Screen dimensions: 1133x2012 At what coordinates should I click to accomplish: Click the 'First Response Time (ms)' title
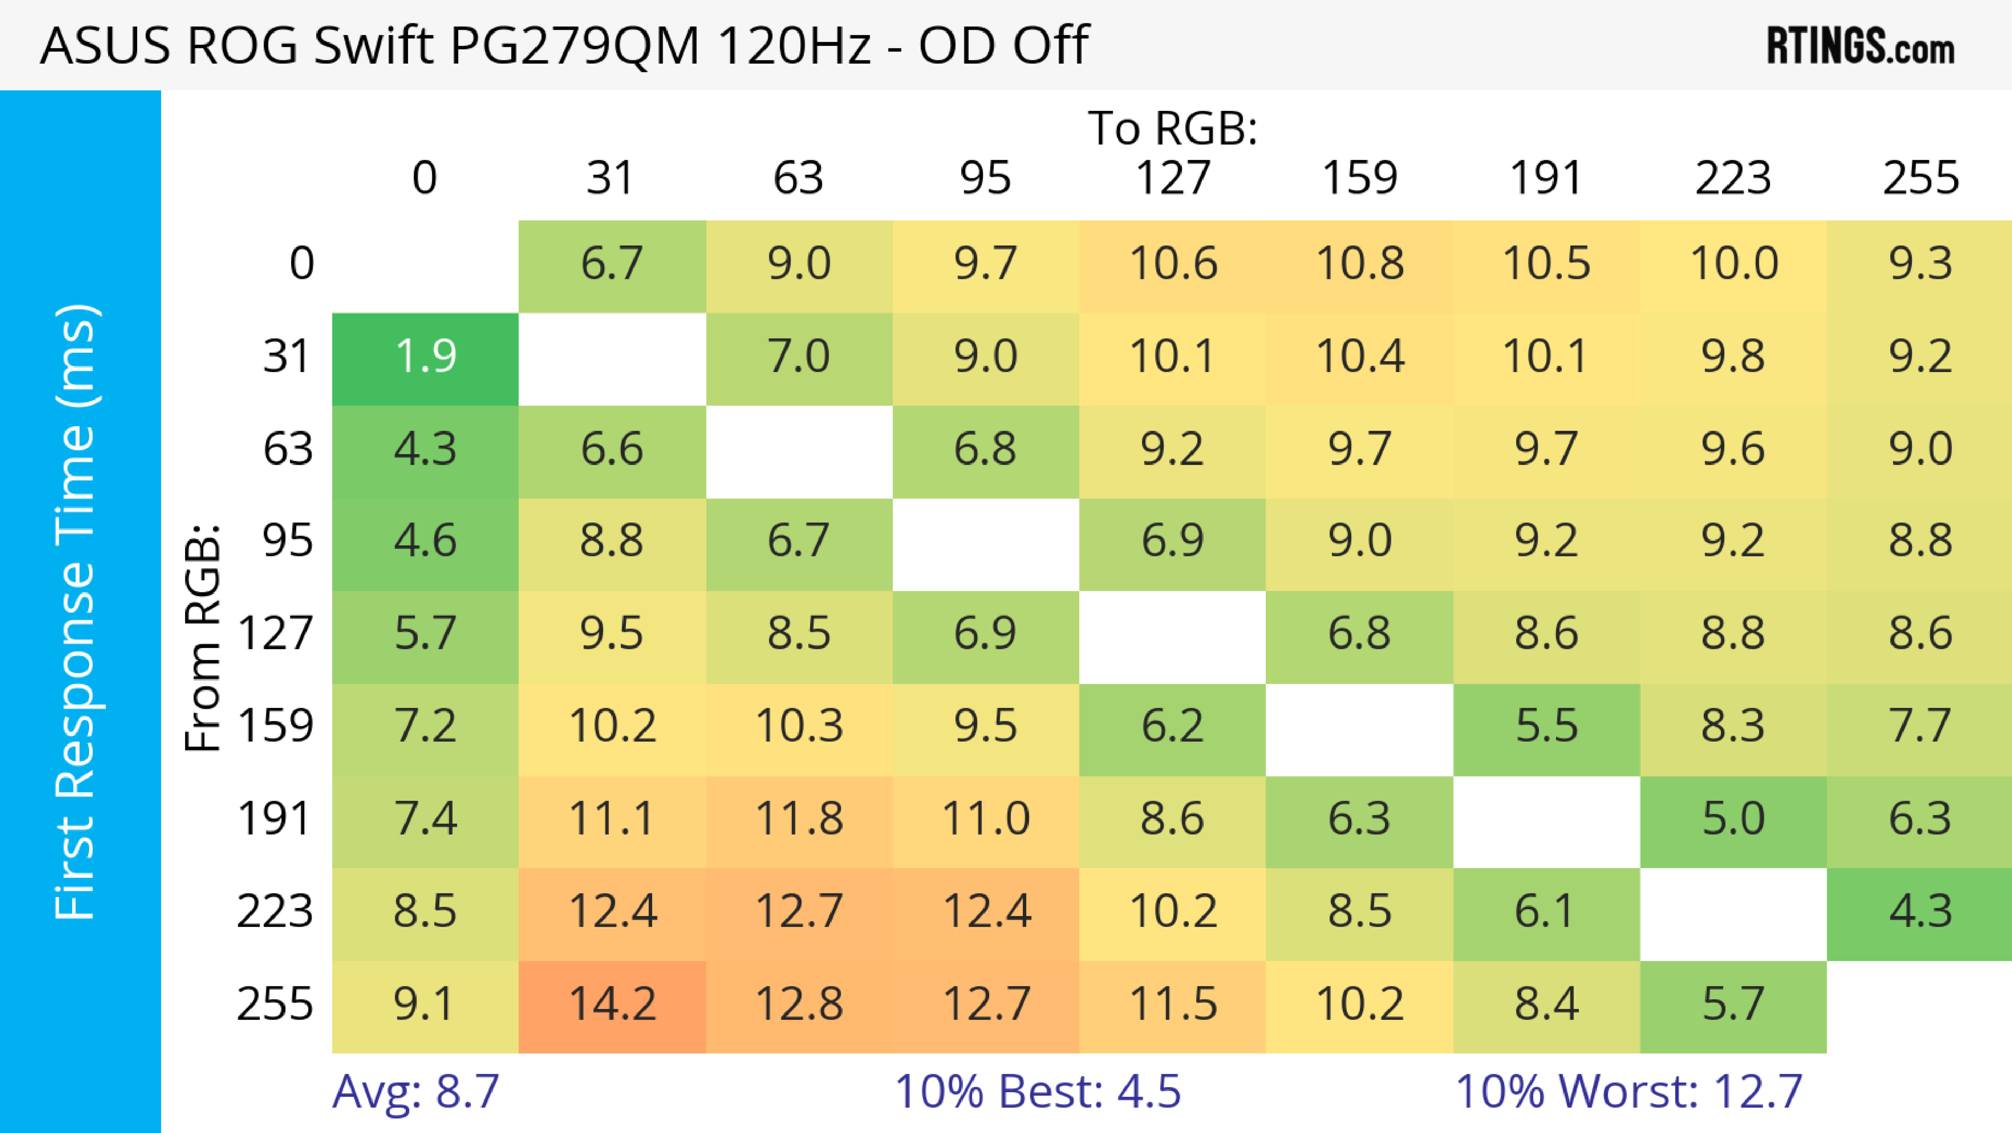[x=76, y=611]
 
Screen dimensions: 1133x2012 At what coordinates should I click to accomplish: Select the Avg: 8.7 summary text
[x=415, y=1092]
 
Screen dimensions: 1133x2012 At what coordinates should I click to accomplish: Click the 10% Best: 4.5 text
[x=1037, y=1092]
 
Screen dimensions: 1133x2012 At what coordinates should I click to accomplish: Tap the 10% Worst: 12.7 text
[x=1628, y=1092]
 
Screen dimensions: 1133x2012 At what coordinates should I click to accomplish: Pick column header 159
[x=1360, y=178]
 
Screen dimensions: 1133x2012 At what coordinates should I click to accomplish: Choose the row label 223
[x=275, y=912]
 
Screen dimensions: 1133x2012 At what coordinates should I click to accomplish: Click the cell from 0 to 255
[x=1920, y=265]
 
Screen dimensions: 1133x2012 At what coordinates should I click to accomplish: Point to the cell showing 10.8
[x=1360, y=265]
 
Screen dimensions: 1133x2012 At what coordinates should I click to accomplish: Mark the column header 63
[x=798, y=178]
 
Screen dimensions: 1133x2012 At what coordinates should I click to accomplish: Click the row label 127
[x=275, y=634]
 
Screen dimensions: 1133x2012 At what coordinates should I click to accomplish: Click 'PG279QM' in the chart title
[x=574, y=45]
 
